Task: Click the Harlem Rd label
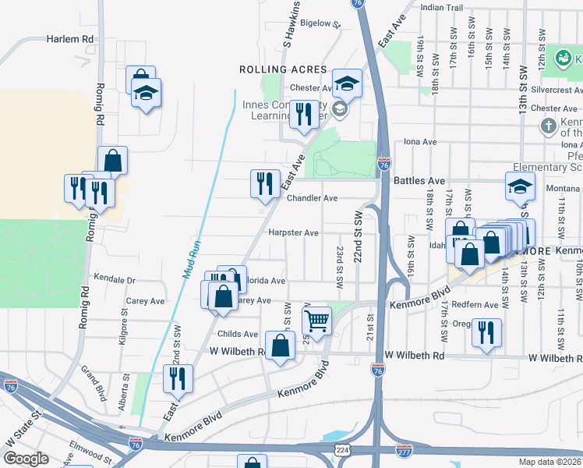[x=69, y=38]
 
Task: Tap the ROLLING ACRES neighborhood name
[x=281, y=69]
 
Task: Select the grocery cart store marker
[x=316, y=319]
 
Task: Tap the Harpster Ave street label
[x=293, y=232]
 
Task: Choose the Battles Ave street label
[x=419, y=180]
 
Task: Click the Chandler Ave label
[x=312, y=198]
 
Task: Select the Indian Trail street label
[x=441, y=7]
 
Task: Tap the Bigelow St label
[x=321, y=24]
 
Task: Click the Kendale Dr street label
[x=115, y=278]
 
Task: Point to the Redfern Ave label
[x=475, y=304]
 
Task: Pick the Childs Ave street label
[x=238, y=334]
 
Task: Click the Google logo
[x=26, y=459]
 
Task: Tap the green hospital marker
[x=562, y=57]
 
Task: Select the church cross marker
[x=548, y=126]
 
